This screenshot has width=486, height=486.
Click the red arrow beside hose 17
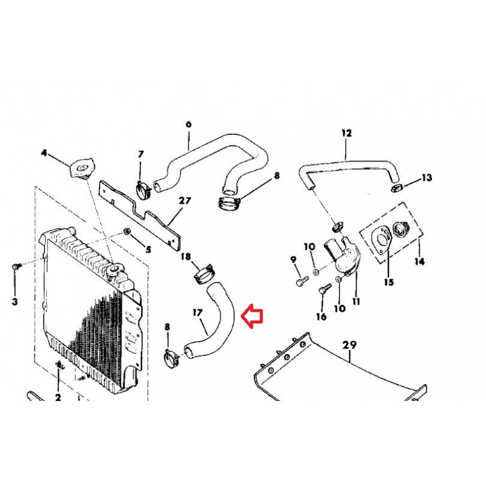(252, 316)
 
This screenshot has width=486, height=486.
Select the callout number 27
(185, 201)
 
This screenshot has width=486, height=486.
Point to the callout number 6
(189, 125)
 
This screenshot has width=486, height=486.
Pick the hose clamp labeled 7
(143, 190)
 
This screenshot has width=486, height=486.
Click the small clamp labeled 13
(397, 188)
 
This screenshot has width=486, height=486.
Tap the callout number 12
(347, 133)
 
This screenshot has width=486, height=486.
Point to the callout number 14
(419, 262)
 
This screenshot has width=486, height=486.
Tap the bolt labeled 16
(324, 290)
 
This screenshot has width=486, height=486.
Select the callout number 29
(349, 344)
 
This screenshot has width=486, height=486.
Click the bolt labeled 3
(16, 266)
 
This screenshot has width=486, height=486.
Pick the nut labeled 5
(126, 231)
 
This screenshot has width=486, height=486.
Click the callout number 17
(197, 313)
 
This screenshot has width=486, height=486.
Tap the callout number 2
(58, 397)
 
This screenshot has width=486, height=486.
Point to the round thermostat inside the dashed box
(402, 229)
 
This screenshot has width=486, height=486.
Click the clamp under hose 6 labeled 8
(229, 204)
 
